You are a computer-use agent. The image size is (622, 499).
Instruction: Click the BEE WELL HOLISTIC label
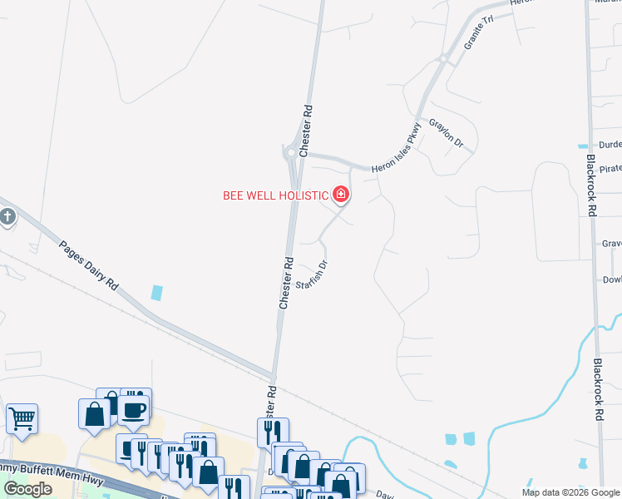click(276, 195)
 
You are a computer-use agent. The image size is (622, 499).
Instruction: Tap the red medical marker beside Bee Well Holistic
click(341, 195)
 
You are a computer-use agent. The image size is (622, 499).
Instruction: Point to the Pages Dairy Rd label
click(88, 264)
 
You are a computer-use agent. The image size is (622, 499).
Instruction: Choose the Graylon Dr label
click(446, 133)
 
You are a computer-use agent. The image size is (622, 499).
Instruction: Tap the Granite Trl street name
click(478, 32)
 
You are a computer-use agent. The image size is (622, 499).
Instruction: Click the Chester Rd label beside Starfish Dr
click(285, 283)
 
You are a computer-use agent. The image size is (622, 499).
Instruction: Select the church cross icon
click(7, 218)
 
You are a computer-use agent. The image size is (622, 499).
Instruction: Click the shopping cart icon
click(22, 419)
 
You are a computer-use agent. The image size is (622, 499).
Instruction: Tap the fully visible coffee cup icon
click(134, 409)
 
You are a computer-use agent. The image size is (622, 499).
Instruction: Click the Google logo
click(28, 489)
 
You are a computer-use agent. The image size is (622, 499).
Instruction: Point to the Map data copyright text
click(570, 492)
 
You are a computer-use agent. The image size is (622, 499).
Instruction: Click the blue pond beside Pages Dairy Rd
click(156, 293)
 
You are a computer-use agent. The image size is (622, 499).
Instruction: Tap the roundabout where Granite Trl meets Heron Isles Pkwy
click(445, 57)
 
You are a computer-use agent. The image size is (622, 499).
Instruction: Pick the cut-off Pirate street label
click(610, 167)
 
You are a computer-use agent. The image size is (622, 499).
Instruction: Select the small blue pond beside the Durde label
click(582, 146)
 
